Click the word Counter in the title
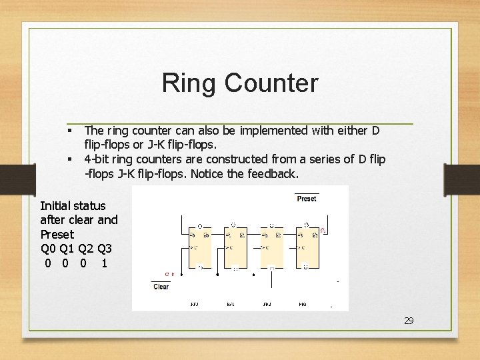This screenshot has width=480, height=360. click(271, 83)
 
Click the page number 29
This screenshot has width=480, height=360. click(409, 321)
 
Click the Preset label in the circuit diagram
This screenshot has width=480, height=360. click(307, 199)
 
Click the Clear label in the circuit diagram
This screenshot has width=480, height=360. click(161, 287)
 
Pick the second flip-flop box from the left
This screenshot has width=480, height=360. click(235, 245)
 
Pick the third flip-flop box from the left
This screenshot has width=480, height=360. click(271, 245)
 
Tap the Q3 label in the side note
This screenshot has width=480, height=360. click(103, 249)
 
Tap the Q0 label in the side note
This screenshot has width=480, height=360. click(48, 249)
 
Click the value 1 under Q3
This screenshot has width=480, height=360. click(103, 263)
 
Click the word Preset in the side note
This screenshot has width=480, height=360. click(57, 235)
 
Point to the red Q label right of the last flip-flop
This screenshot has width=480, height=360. click(323, 231)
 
